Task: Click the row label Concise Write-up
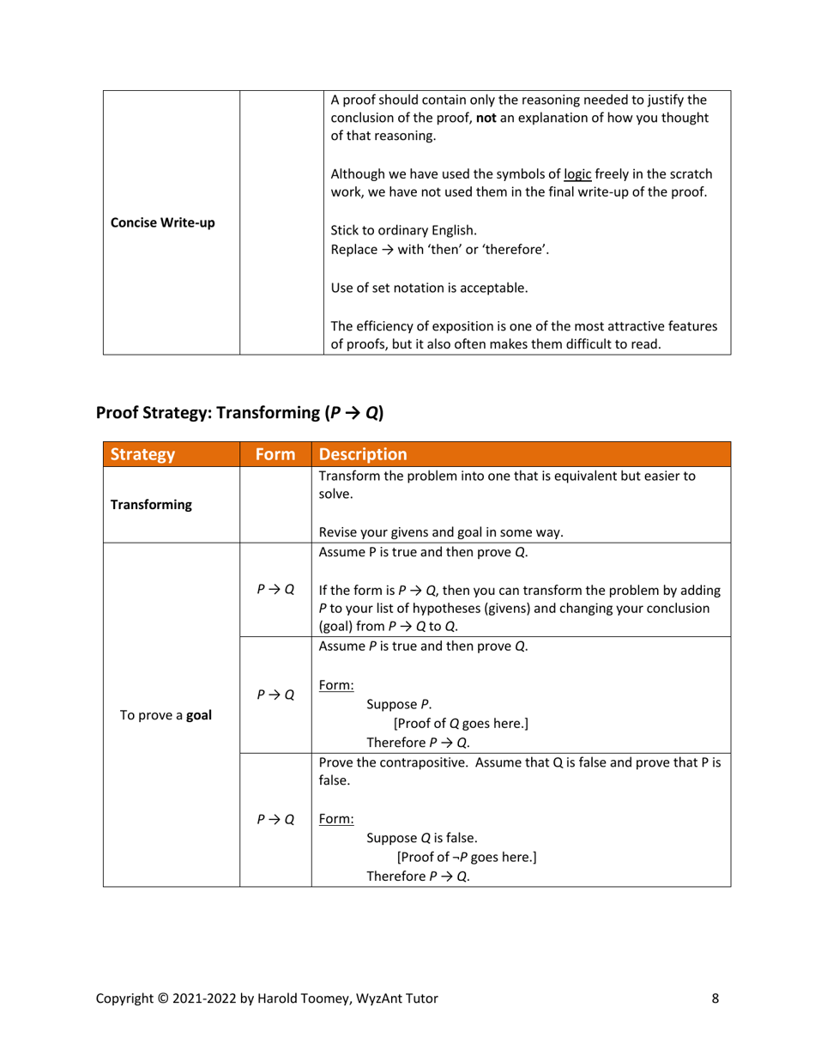(x=163, y=223)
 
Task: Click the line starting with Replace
(x=439, y=250)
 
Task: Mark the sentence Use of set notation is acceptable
(x=429, y=288)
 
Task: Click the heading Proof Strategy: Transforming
(x=240, y=412)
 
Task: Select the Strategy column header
(x=142, y=454)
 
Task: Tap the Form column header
(x=275, y=454)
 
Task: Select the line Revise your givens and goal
(x=440, y=532)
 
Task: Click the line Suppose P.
(x=400, y=705)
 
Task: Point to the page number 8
(x=715, y=998)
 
